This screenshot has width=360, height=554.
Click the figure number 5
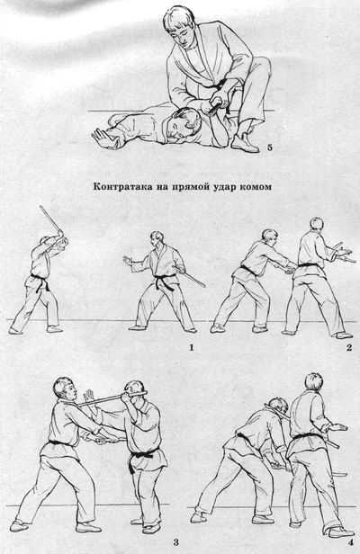point(270,147)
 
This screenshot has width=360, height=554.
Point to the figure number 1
point(192,348)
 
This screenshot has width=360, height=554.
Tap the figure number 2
point(349,348)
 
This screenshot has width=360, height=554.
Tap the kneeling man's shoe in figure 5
point(245,142)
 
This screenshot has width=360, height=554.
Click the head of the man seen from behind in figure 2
point(316,227)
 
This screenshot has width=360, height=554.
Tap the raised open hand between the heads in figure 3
point(88,396)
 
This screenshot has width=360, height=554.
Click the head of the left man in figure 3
point(66,389)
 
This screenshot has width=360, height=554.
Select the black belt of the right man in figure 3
point(143,455)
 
